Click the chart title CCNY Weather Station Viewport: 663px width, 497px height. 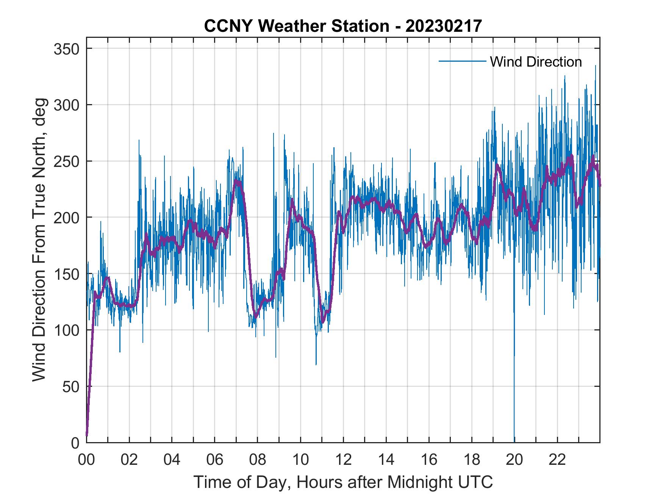pos(343,26)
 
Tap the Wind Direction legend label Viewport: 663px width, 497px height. pos(536,62)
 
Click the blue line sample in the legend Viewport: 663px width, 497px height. pos(462,61)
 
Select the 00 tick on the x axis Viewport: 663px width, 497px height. pos(86,460)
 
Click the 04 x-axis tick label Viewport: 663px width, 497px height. pos(172,460)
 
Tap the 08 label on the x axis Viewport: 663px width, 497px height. pos(258,460)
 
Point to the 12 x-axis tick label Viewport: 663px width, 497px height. pos(343,460)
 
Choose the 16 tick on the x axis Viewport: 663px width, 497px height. pos(429,460)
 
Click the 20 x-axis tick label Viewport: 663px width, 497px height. pos(514,460)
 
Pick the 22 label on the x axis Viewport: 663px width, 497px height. pos(557,460)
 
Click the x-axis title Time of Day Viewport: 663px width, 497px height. pos(343,482)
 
